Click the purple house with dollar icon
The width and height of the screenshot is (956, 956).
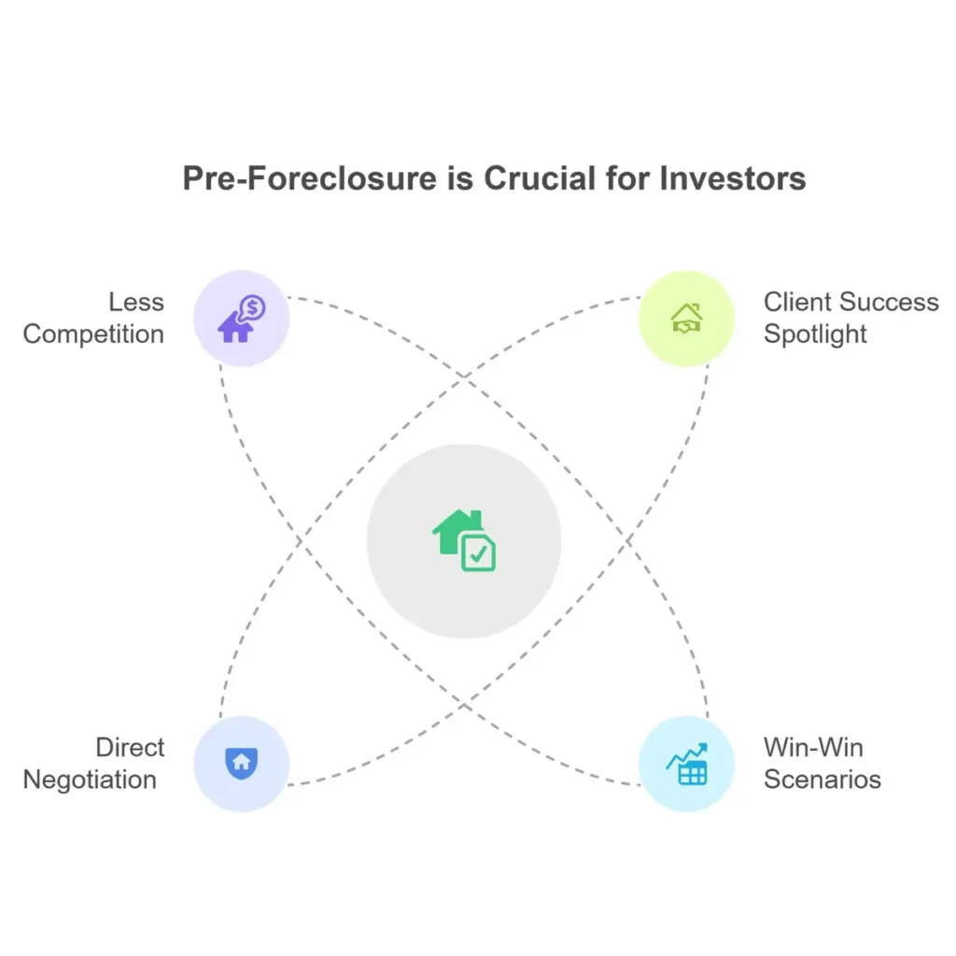(242, 318)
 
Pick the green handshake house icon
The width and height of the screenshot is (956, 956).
(686, 318)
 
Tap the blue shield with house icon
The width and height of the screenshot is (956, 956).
(242, 764)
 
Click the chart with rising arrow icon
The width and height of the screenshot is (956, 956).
(686, 764)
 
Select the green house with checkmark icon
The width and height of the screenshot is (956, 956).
(464, 541)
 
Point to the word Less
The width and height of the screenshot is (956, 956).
(136, 302)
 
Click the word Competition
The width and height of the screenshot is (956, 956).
(94, 334)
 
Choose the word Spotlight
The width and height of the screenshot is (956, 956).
(815, 334)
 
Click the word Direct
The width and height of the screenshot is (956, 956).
(130, 748)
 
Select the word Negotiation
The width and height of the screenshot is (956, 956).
(90, 780)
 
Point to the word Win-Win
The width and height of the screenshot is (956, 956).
(813, 748)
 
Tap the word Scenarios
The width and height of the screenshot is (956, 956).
(822, 780)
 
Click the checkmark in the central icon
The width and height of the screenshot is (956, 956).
(479, 555)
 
